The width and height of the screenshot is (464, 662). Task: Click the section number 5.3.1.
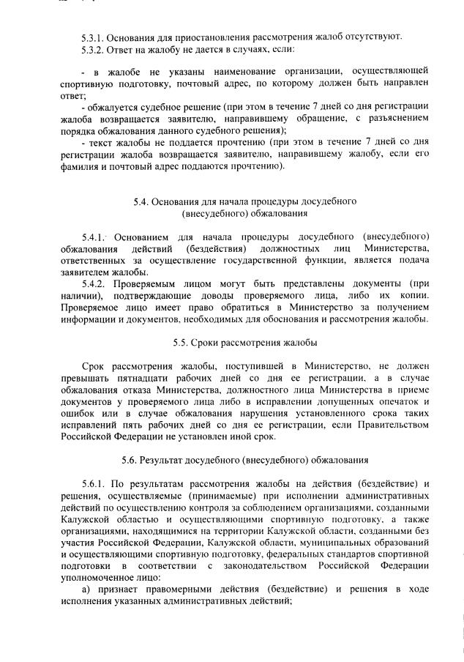pyautogui.click(x=93, y=37)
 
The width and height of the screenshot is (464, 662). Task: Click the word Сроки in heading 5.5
pyautogui.click(x=207, y=343)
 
